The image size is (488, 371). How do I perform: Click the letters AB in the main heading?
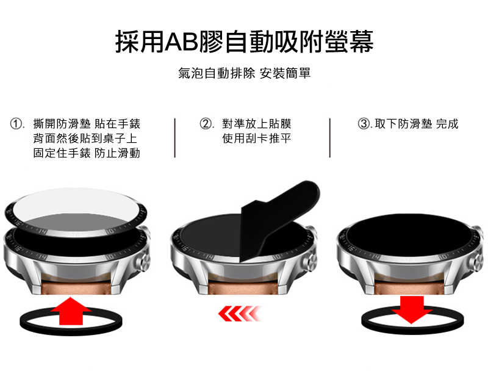click(x=185, y=41)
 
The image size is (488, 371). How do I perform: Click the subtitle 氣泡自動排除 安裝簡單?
click(x=244, y=74)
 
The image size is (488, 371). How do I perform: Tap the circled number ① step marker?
click(x=18, y=124)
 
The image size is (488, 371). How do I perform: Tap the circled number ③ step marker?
click(x=364, y=124)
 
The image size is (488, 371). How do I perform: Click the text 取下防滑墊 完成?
click(x=416, y=124)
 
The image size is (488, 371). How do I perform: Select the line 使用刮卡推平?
click(x=256, y=139)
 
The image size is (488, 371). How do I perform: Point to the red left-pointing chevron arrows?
click(x=241, y=314)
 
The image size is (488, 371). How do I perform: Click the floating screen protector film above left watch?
click(x=76, y=204)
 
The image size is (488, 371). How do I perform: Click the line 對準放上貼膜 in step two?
click(x=256, y=124)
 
